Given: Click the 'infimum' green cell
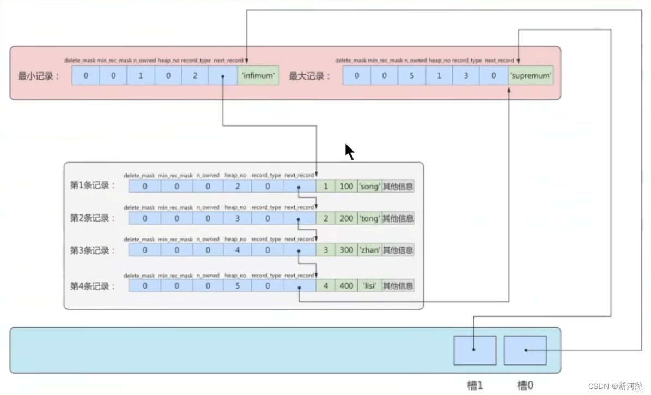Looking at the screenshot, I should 258,76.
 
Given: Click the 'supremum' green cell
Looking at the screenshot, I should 531,76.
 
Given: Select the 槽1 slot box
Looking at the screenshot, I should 474,350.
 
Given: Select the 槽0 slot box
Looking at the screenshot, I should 525,350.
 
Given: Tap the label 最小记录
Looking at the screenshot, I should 38,76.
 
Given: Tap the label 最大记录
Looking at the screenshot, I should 309,76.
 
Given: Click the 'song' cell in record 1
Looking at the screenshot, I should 369,187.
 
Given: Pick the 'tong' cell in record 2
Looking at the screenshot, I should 369,218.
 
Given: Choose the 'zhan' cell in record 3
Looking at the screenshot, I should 369,250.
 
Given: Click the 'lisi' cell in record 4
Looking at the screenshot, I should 369,285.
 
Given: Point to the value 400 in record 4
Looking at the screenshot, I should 346,285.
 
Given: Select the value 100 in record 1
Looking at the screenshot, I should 346,187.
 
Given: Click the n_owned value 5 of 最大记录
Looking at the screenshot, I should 411,76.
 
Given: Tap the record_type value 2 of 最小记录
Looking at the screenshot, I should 195,76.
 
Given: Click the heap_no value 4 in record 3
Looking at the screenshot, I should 237,250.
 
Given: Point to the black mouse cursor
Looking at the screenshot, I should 349,151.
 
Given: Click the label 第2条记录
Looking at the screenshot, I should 93,218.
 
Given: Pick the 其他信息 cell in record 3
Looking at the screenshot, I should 398,250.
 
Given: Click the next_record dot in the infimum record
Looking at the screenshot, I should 222,76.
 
